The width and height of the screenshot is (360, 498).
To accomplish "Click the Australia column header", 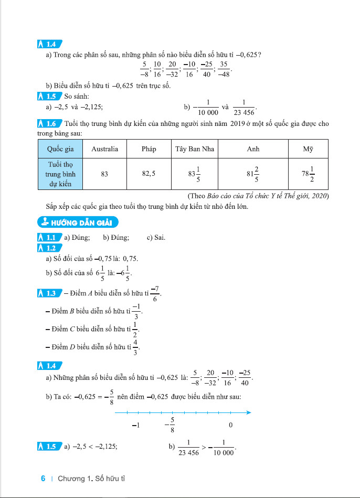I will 104,149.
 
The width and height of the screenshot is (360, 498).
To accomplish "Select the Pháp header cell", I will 149,149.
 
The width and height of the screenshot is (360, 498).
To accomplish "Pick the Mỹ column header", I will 308,149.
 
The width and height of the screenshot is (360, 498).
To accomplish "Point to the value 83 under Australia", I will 104,174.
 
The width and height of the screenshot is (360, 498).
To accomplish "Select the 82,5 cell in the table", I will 149,174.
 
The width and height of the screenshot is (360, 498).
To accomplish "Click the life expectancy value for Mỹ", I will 308,174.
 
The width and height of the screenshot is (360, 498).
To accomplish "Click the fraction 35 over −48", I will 224,69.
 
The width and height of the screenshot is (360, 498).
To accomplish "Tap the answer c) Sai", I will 156,237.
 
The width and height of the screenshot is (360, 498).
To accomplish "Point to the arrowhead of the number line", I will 249,412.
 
